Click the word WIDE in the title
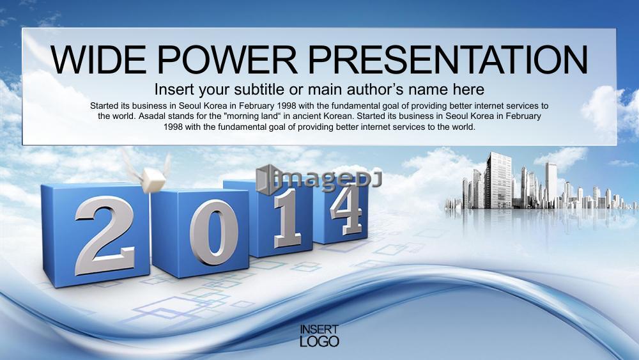click(x=98, y=59)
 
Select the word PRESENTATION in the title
click(x=448, y=59)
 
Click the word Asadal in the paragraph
click(x=151, y=116)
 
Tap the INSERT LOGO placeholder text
click(x=319, y=336)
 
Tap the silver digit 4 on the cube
click(x=346, y=210)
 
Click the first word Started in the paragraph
click(x=104, y=106)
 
